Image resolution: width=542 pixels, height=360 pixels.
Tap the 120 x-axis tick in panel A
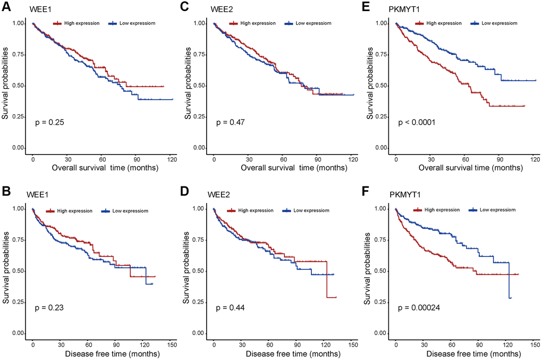click(172, 159)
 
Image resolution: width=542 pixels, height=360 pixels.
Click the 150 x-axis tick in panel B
click(172, 345)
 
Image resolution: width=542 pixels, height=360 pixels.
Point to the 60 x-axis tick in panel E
click(465, 159)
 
